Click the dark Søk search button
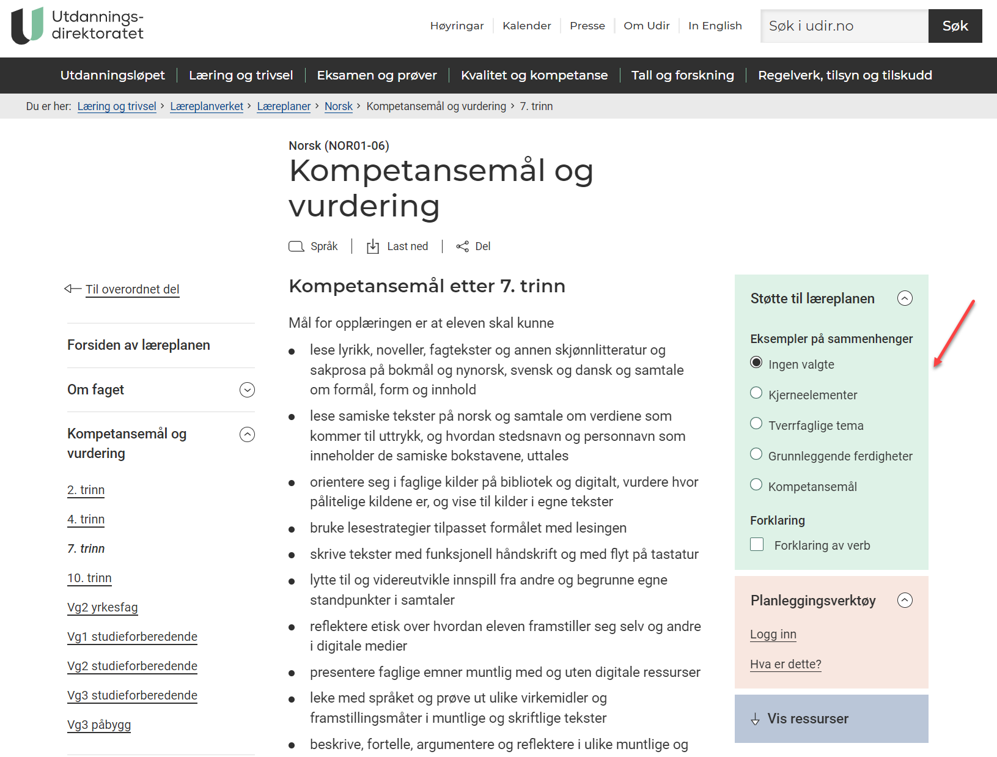pos(954,26)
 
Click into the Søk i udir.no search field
pos(844,26)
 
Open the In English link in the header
pos(715,26)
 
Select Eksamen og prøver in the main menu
pos(377,75)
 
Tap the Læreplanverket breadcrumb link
pos(207,106)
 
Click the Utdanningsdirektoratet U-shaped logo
pos(28,25)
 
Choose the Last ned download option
pos(397,246)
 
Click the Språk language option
pos(313,246)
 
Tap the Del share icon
pos(463,246)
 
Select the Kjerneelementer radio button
pos(756,393)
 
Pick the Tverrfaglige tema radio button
pos(756,424)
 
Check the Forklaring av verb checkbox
pos(757,544)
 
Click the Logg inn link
pos(773,634)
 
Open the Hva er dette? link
pos(785,664)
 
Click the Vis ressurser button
pos(831,718)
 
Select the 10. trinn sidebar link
pos(89,578)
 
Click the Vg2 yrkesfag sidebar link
pos(102,607)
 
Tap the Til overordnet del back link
pos(132,289)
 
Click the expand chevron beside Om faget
pos(247,390)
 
